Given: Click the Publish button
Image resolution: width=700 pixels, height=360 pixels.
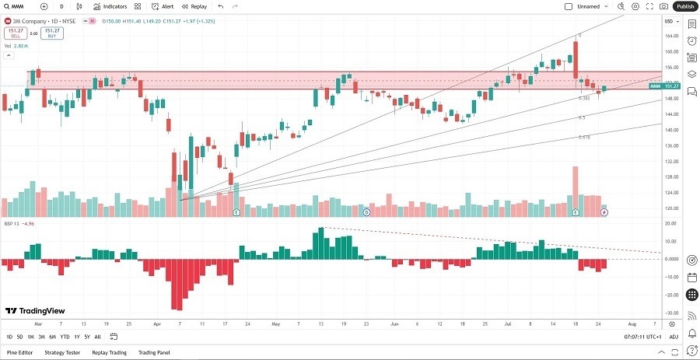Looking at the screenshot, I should (684, 6).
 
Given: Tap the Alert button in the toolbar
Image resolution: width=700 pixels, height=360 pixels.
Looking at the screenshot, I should (163, 6).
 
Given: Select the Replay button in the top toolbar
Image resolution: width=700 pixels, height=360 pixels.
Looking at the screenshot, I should (195, 6).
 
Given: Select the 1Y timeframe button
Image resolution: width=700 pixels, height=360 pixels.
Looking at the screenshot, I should (76, 337).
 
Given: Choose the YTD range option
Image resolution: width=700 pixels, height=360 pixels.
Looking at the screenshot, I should (65, 337).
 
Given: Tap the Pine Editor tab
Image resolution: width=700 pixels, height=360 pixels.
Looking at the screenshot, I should (20, 352).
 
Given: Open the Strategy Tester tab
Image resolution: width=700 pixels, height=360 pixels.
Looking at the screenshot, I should (62, 352).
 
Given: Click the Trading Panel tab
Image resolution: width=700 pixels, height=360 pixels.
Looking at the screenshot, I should (153, 352).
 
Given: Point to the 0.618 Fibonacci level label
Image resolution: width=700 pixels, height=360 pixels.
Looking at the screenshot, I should (583, 137).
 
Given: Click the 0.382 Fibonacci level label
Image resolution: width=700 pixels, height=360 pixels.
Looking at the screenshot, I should (583, 98).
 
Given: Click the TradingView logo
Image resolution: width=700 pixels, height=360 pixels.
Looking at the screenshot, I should (34, 311).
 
